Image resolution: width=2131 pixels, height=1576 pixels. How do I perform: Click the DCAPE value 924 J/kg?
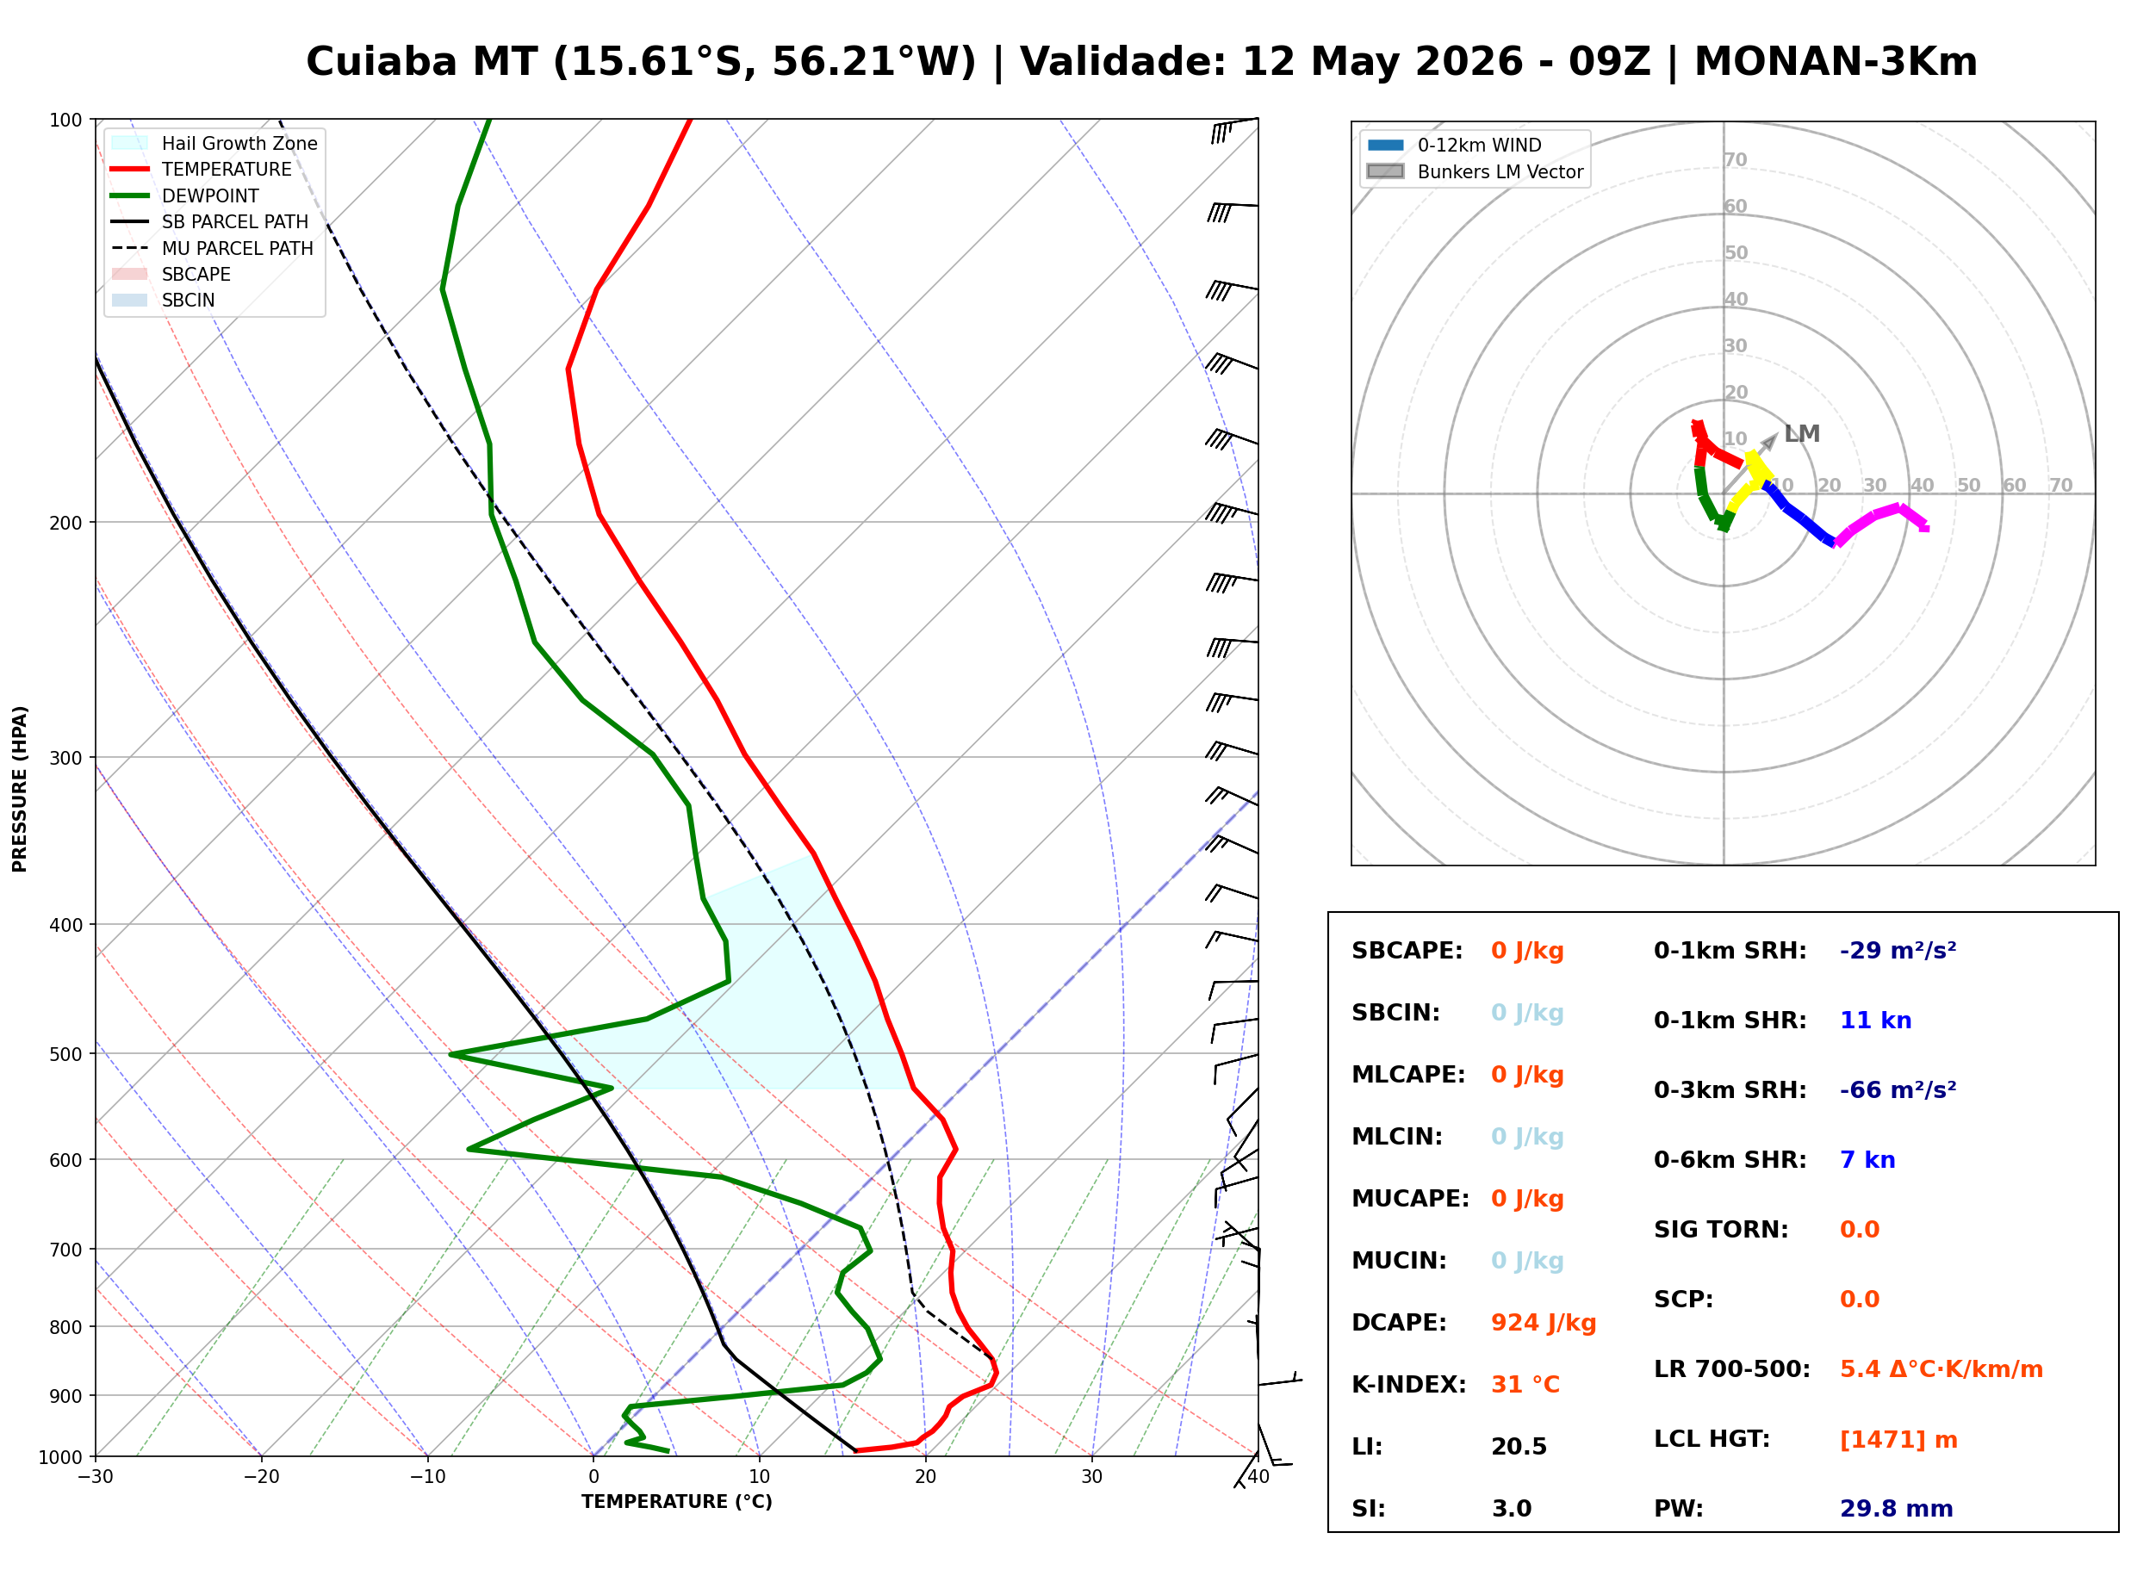coord(1544,1322)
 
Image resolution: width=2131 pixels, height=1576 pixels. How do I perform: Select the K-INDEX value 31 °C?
coord(1525,1384)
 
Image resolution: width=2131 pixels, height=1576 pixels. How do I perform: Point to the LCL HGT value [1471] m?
coord(1898,1440)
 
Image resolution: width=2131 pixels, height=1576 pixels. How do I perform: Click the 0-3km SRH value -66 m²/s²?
coord(1898,1089)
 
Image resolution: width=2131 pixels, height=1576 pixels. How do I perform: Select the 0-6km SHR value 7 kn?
coord(1867,1160)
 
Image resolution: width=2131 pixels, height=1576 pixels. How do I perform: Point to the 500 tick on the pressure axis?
coord(67,1054)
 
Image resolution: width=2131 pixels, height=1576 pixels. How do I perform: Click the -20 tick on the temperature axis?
coord(261,1477)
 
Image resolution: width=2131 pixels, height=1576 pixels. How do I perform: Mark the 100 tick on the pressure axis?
coord(67,119)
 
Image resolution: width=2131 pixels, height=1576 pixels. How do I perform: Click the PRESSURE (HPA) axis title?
coord(20,788)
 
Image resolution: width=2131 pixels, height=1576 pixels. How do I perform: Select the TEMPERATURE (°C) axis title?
coord(676,1502)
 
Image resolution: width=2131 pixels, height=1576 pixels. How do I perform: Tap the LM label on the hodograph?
coord(1801,434)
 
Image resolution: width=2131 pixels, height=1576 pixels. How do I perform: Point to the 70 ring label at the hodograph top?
coord(1735,159)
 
